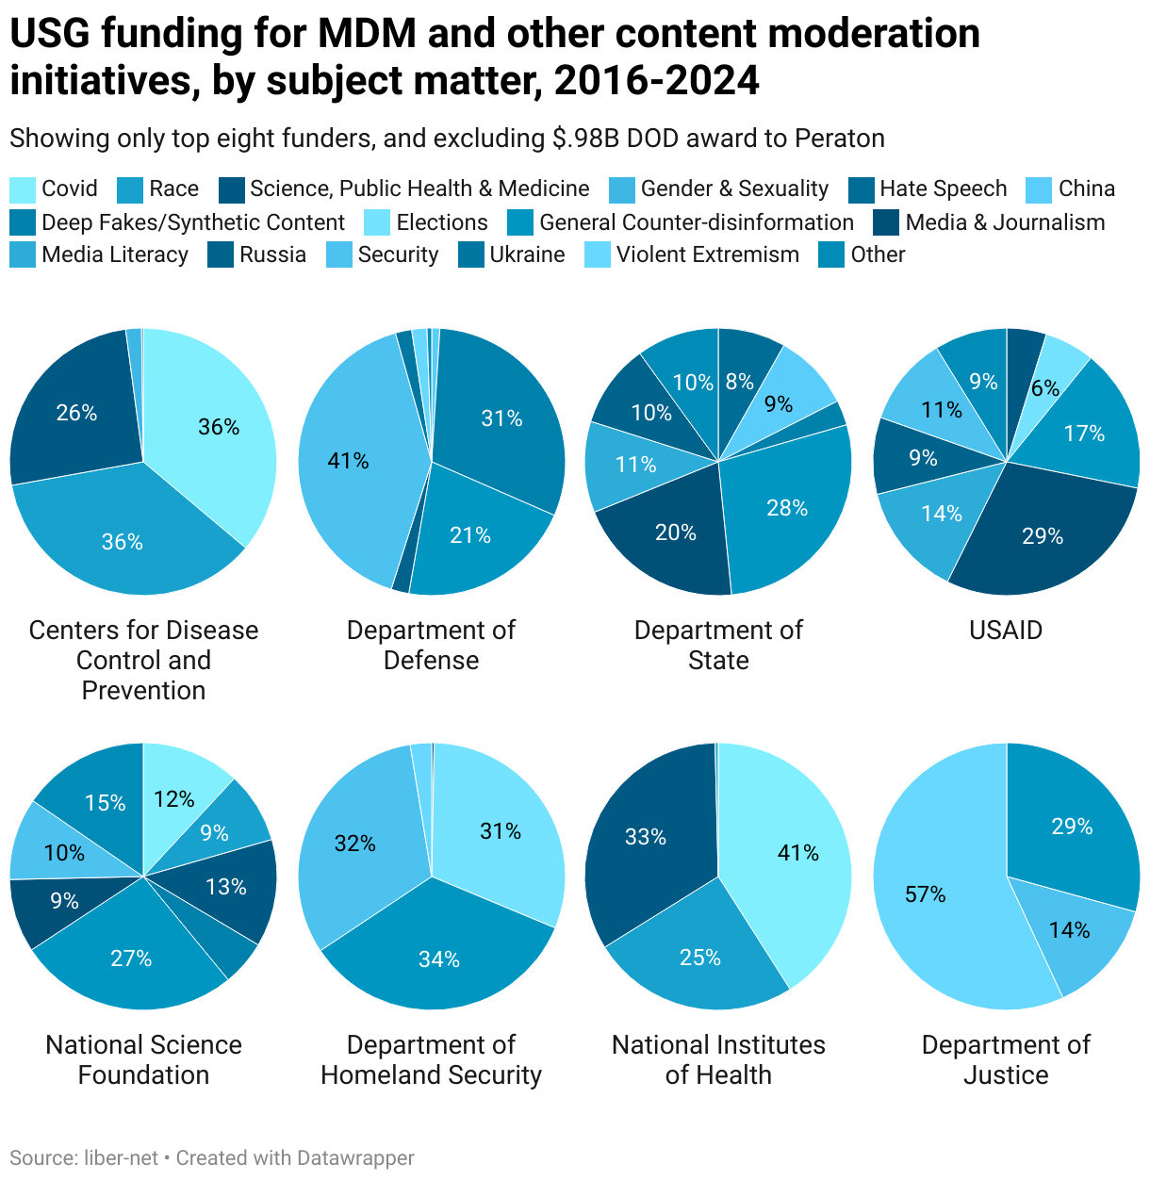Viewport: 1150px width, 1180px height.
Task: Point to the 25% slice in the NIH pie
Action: (x=699, y=957)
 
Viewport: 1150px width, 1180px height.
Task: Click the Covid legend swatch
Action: (x=24, y=189)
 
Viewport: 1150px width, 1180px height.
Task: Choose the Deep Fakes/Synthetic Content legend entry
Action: (x=193, y=222)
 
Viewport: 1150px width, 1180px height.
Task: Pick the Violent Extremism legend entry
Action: (x=707, y=254)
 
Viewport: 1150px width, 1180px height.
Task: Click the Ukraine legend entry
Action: (x=526, y=254)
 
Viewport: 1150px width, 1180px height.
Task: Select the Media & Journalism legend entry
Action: (x=1005, y=222)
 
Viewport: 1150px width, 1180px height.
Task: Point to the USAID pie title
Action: (x=1006, y=630)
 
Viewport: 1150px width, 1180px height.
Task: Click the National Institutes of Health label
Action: (x=718, y=1059)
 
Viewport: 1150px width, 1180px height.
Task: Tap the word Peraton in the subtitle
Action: (x=839, y=139)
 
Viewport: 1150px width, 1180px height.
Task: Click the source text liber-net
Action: (x=121, y=1157)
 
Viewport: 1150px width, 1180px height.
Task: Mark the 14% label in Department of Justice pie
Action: (x=1069, y=930)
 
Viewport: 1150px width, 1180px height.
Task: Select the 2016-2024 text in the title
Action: (x=656, y=81)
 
